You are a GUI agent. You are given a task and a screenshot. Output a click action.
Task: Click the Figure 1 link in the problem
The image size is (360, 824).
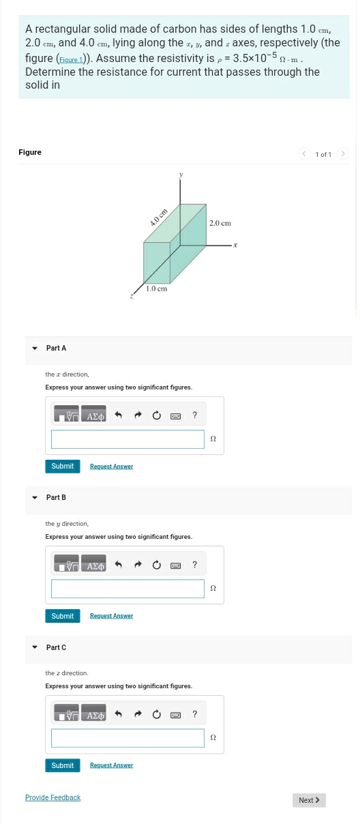click(x=70, y=60)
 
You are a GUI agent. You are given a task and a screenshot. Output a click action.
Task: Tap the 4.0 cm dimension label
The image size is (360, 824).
click(x=158, y=218)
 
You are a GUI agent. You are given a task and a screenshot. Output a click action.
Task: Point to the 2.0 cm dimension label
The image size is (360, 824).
click(x=220, y=223)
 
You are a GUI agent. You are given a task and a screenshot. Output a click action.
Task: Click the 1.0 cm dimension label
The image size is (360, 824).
click(x=156, y=289)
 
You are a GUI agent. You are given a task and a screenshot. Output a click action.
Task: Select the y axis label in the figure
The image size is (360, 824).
click(x=181, y=175)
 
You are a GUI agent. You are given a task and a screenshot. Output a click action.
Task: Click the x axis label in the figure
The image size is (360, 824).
click(x=235, y=244)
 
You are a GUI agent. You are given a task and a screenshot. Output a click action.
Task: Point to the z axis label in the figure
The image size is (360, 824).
click(x=132, y=296)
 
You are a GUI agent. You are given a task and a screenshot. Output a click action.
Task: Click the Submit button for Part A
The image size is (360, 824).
click(x=62, y=467)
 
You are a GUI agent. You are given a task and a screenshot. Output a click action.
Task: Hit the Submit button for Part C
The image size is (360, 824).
click(x=62, y=765)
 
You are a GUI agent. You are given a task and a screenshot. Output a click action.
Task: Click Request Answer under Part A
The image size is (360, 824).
click(x=111, y=467)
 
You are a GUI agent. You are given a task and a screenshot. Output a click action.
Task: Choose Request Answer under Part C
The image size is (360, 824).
click(x=111, y=765)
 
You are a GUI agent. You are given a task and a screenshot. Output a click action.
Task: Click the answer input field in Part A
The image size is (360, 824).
click(x=127, y=439)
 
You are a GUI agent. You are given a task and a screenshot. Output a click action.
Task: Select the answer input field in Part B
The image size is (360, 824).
click(x=127, y=589)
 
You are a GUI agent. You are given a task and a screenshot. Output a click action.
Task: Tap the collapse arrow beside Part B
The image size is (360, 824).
click(x=35, y=498)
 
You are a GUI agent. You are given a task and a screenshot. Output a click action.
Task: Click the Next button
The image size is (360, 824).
click(x=309, y=800)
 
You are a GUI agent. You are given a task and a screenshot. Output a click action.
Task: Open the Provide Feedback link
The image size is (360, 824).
click(x=52, y=797)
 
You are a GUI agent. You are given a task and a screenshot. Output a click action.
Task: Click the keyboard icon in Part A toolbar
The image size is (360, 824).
click(x=175, y=415)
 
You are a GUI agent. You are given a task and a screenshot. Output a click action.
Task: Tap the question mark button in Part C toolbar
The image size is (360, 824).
click(x=194, y=714)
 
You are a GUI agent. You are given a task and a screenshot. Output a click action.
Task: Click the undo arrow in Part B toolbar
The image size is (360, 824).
click(x=118, y=565)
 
